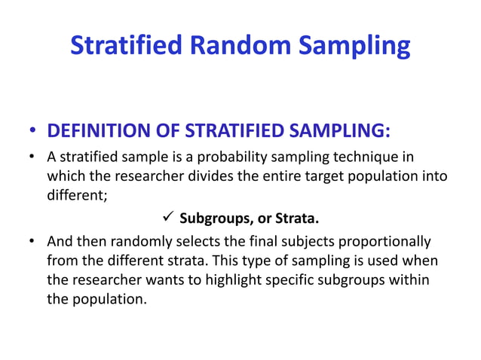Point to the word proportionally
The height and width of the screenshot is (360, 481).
point(388,242)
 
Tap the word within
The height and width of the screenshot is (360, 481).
point(408,280)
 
